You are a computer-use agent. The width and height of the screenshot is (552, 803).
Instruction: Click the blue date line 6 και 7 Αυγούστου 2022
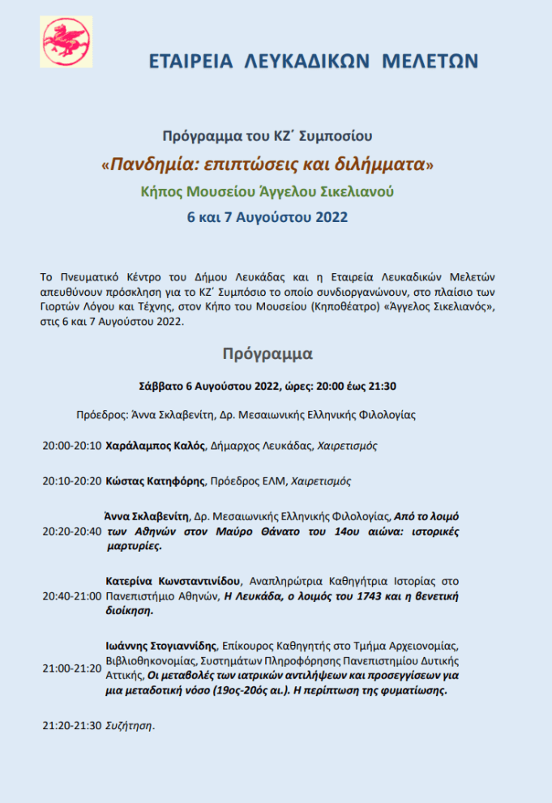pyautogui.click(x=267, y=217)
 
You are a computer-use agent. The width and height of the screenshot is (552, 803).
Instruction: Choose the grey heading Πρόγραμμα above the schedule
pyautogui.click(x=267, y=353)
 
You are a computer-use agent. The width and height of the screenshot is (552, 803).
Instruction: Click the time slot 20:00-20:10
pyautogui.click(x=72, y=446)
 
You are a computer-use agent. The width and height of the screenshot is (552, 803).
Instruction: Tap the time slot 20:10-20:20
pyautogui.click(x=72, y=481)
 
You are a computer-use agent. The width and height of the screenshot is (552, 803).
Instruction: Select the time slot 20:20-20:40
pyautogui.click(x=72, y=531)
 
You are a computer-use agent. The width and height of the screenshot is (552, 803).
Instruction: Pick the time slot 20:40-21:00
pyautogui.click(x=72, y=596)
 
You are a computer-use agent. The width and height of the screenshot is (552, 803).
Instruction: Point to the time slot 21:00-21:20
pyautogui.click(x=72, y=668)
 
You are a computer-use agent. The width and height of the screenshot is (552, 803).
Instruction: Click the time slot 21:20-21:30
pyautogui.click(x=72, y=725)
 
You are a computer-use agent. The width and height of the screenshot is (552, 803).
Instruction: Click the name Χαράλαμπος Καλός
pyautogui.click(x=156, y=446)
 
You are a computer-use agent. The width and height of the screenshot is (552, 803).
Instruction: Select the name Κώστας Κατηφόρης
pyautogui.click(x=156, y=481)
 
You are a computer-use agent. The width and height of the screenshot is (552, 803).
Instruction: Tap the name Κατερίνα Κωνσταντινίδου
pyautogui.click(x=173, y=580)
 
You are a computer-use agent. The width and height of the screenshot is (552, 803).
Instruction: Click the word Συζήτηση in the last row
pyautogui.click(x=129, y=725)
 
